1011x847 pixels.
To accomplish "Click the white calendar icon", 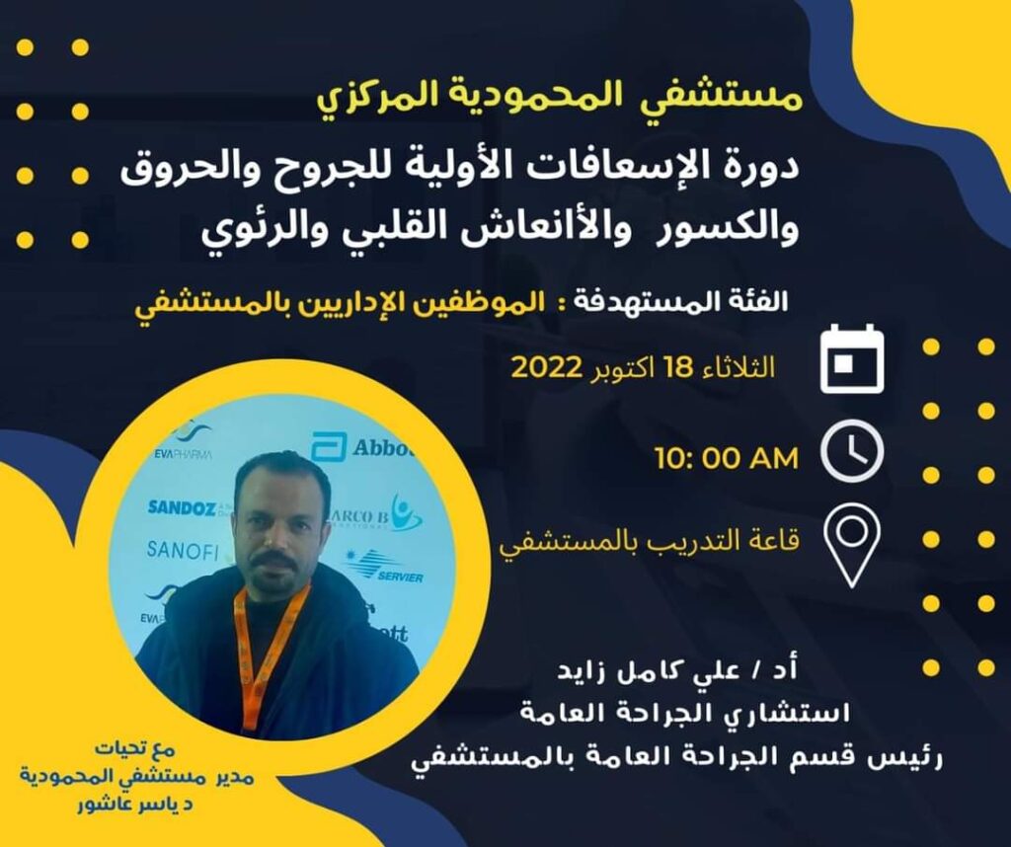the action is coord(852,358).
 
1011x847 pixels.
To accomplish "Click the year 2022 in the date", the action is coord(547,368).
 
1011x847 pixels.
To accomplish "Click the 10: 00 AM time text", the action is coord(727,458).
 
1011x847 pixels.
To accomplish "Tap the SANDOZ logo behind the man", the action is coord(182,508).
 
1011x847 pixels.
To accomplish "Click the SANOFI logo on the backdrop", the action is coord(183,551).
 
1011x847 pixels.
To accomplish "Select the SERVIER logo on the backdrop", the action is coord(387,568).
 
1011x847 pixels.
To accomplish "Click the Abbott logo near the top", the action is coord(361,447).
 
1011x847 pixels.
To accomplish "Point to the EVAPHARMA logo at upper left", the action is coord(184,445).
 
